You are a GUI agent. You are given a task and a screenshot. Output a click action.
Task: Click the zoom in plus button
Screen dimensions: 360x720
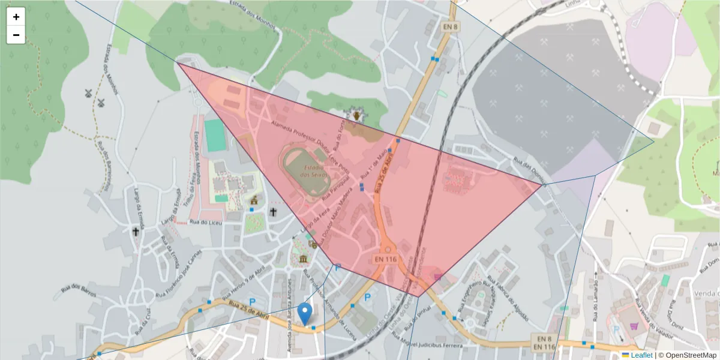tap(16, 17)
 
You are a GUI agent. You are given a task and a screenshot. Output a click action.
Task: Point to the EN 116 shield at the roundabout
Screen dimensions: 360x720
tap(386, 259)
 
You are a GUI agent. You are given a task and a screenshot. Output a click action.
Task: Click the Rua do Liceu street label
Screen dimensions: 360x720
tap(202, 222)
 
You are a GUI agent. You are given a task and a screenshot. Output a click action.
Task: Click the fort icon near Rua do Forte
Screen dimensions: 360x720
tap(356, 114)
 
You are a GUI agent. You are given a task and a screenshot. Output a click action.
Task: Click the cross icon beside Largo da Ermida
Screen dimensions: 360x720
tap(136, 231)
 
